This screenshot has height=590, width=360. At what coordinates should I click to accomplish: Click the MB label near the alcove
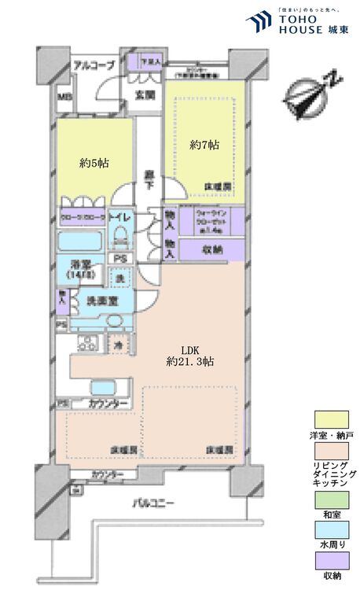[x=63, y=98]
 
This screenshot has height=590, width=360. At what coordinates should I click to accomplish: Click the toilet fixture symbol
[x=120, y=238]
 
